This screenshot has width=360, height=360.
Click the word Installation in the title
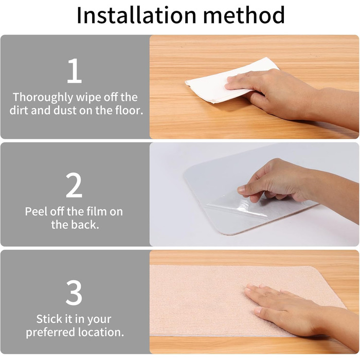tap(137, 15)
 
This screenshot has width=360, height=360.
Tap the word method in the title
tap(244, 15)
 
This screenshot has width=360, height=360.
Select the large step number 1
tap(75, 71)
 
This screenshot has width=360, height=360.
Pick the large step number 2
tap(74, 185)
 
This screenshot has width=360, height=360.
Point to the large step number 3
tap(74, 293)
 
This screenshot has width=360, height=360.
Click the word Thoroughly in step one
tap(43, 97)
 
